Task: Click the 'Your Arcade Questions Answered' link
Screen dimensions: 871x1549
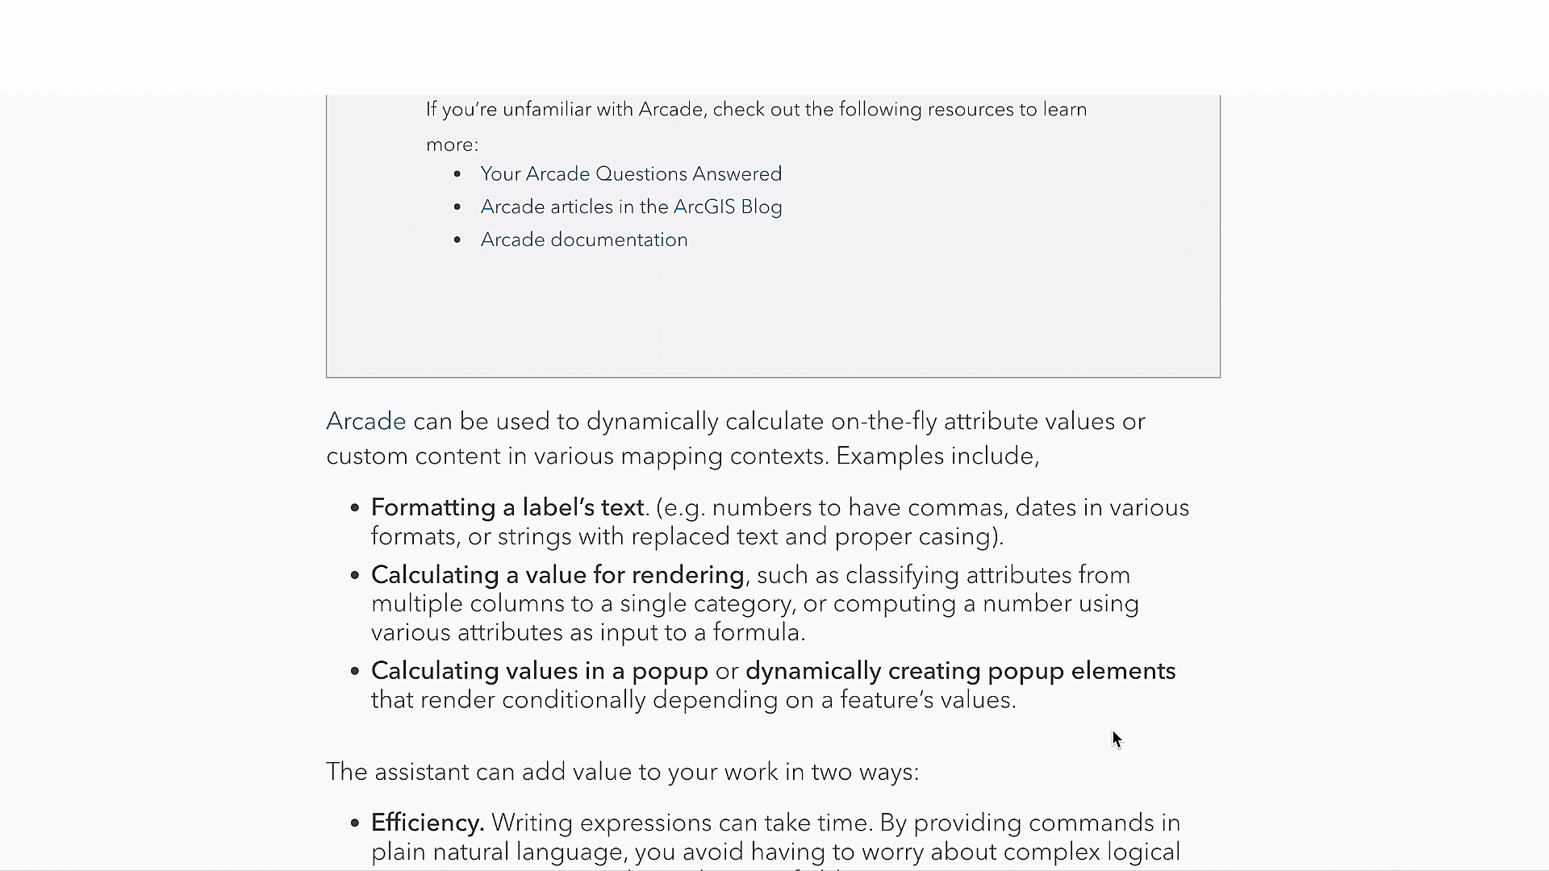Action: pos(631,174)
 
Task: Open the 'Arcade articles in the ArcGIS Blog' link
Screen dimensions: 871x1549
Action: pos(631,207)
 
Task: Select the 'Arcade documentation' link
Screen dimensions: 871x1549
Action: pos(584,240)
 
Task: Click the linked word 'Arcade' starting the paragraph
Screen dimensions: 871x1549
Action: pos(365,422)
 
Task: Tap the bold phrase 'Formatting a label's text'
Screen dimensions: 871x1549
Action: pos(507,508)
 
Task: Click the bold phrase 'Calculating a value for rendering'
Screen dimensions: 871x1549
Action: pos(557,575)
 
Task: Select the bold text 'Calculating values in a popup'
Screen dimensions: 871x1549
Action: pos(539,671)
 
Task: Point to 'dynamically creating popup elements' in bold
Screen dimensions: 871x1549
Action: pos(960,671)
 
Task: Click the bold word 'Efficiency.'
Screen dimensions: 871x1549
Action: pos(428,823)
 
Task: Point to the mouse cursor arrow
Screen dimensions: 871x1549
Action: pos(1117,739)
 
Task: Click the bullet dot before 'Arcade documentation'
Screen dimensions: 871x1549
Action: pos(457,240)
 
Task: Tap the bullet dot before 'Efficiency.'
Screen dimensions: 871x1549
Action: pos(355,823)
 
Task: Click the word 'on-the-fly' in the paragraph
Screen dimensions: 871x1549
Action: pos(883,422)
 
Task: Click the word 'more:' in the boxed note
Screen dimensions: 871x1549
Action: pos(452,145)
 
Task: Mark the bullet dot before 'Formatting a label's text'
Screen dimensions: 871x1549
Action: pos(355,508)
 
